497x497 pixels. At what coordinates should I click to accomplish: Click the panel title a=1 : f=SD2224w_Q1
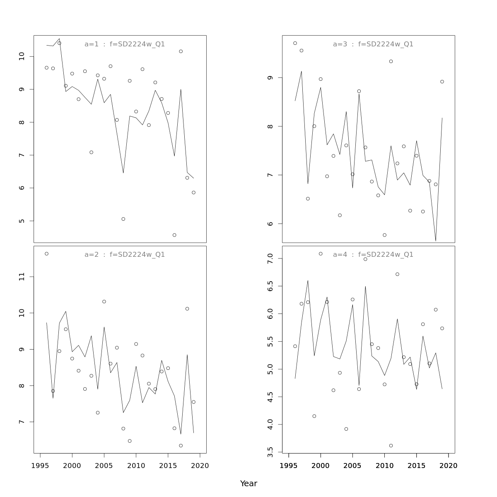[x=125, y=44]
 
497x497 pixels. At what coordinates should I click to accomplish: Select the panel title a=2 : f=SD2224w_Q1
[x=125, y=255]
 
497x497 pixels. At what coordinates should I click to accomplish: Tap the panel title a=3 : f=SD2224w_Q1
[x=373, y=44]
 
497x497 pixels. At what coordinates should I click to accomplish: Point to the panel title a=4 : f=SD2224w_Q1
[x=373, y=255]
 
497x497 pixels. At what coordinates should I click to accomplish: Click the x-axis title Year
[x=248, y=483]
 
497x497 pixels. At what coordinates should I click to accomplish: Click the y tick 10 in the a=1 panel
[x=22, y=56]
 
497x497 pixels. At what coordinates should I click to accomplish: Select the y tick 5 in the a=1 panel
[x=22, y=221]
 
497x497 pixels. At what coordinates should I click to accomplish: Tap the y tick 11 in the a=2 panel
[x=22, y=276]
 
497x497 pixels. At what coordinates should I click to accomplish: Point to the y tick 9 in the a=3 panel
[x=270, y=78]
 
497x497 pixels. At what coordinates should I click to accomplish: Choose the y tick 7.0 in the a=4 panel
[x=270, y=258]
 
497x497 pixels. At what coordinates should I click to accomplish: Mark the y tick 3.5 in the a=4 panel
[x=270, y=452]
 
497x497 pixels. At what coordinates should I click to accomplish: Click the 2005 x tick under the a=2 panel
[x=104, y=466]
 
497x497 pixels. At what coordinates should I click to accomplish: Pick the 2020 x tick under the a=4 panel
[x=448, y=466]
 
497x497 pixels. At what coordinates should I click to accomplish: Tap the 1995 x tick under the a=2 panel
[x=40, y=466]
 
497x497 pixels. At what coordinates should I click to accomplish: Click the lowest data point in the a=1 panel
[x=174, y=235]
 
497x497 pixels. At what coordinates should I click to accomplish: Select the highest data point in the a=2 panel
[x=46, y=253]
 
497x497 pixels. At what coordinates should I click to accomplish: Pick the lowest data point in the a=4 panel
[x=391, y=446]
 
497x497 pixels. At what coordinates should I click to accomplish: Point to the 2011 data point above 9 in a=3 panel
[x=391, y=61]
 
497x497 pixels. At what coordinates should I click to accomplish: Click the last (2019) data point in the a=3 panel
[x=442, y=82]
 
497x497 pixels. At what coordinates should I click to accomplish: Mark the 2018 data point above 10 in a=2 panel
[x=187, y=309]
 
